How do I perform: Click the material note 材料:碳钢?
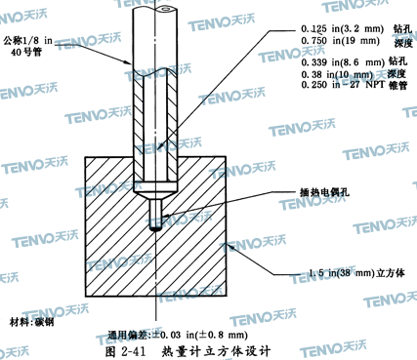pos(32,322)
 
